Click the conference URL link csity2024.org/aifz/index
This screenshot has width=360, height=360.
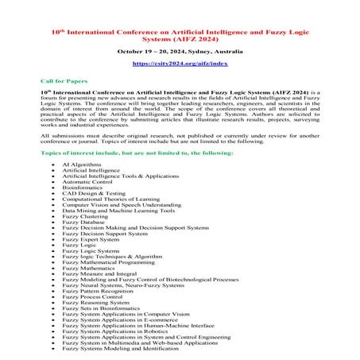coord(180,62)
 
